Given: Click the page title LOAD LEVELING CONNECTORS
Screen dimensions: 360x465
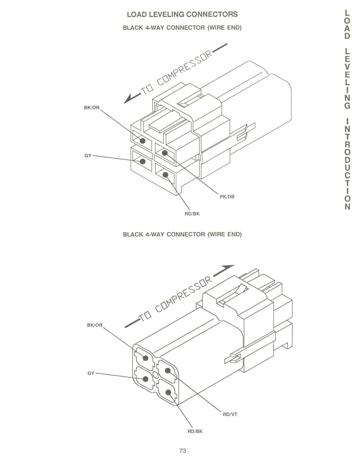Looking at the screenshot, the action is click(x=182, y=14).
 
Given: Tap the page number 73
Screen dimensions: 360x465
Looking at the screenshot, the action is click(x=183, y=450).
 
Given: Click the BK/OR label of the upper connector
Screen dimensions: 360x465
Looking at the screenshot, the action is click(x=92, y=107).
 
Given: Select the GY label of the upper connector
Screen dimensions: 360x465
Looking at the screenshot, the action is click(x=88, y=155).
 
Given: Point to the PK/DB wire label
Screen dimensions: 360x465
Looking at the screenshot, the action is click(x=227, y=196).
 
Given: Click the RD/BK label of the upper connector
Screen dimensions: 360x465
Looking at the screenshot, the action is click(x=192, y=214).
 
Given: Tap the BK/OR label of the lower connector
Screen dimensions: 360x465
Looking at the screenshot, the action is click(x=95, y=325).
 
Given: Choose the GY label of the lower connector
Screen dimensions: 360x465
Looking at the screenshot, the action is click(x=91, y=373).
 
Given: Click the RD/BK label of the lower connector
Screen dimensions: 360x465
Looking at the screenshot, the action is click(x=195, y=431).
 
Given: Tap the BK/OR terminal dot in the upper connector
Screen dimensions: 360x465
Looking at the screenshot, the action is click(x=143, y=140).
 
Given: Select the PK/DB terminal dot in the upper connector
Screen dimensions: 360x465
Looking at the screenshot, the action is click(x=165, y=153).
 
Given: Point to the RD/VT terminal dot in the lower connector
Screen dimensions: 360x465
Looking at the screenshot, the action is click(x=168, y=371).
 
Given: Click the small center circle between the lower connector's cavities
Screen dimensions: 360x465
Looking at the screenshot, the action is click(x=156, y=375).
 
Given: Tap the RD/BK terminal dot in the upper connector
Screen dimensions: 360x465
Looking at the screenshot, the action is click(x=165, y=175).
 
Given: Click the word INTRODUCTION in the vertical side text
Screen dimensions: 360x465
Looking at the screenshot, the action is click(x=348, y=164).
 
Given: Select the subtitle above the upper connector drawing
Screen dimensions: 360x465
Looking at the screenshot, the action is click(x=182, y=28).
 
